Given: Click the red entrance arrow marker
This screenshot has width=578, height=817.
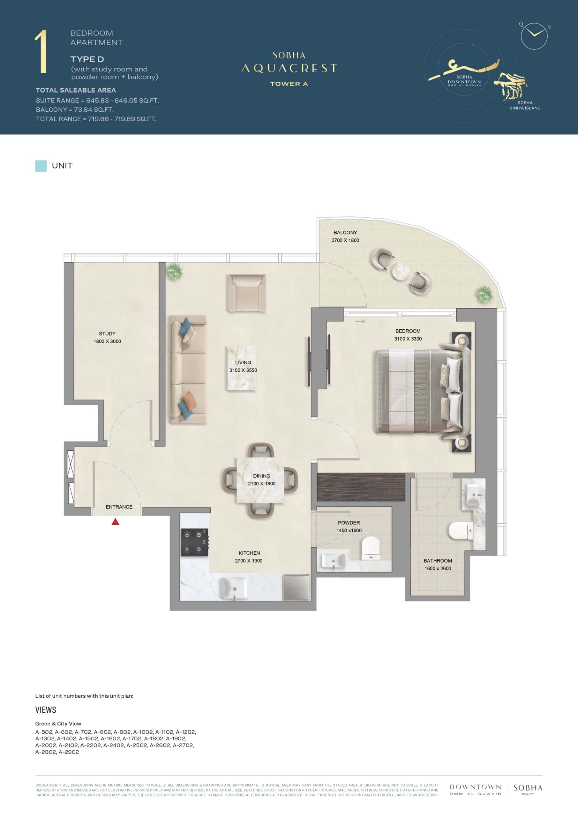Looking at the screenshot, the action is [x=115, y=522].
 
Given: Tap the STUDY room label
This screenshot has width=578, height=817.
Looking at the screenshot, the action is [x=107, y=334].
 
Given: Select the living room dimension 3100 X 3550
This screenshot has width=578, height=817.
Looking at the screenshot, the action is [x=243, y=370].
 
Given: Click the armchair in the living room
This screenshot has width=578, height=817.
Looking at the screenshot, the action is [x=247, y=293].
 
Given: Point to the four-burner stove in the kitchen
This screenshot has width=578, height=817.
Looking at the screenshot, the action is [x=195, y=542].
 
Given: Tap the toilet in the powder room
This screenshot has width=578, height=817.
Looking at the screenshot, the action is [x=371, y=548].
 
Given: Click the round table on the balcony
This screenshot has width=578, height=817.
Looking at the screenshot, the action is [x=401, y=271].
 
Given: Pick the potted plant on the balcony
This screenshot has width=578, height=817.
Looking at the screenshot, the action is [x=484, y=294].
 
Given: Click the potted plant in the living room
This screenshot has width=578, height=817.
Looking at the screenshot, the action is [x=174, y=272].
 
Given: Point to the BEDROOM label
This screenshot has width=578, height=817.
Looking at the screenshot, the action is [x=408, y=331].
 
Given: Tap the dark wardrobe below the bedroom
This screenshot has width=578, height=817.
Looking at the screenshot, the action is [x=361, y=487].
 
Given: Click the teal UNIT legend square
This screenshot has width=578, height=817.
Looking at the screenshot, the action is [x=41, y=166].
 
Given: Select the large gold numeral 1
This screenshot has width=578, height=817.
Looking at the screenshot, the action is [x=41, y=52].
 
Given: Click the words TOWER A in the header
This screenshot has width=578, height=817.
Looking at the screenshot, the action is [x=289, y=84].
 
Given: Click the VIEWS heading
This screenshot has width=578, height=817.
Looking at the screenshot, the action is [x=46, y=710].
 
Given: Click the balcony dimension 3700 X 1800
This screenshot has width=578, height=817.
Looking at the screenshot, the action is [x=345, y=240].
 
